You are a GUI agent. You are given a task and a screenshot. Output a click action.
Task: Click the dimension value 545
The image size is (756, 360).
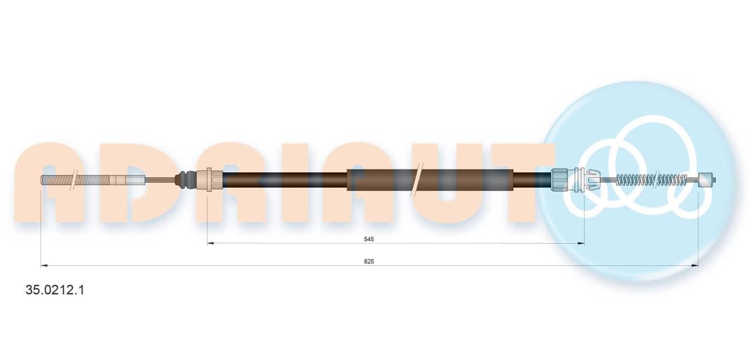(x=370, y=239)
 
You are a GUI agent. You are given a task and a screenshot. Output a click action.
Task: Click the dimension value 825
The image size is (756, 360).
(x=370, y=261)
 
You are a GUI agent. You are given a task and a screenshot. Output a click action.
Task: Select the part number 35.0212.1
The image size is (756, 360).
(x=55, y=290)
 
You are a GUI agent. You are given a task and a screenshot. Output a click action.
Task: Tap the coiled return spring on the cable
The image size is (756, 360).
(x=652, y=179)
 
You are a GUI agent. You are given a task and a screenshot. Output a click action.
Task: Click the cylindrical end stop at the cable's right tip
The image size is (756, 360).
(x=705, y=179)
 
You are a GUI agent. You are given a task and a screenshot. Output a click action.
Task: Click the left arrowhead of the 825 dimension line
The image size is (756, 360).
(x=44, y=265)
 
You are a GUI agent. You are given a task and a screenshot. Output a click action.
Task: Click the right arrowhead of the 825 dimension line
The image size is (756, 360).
(x=695, y=265)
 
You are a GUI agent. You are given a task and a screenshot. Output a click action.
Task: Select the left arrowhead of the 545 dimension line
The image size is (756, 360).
(x=210, y=243)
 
